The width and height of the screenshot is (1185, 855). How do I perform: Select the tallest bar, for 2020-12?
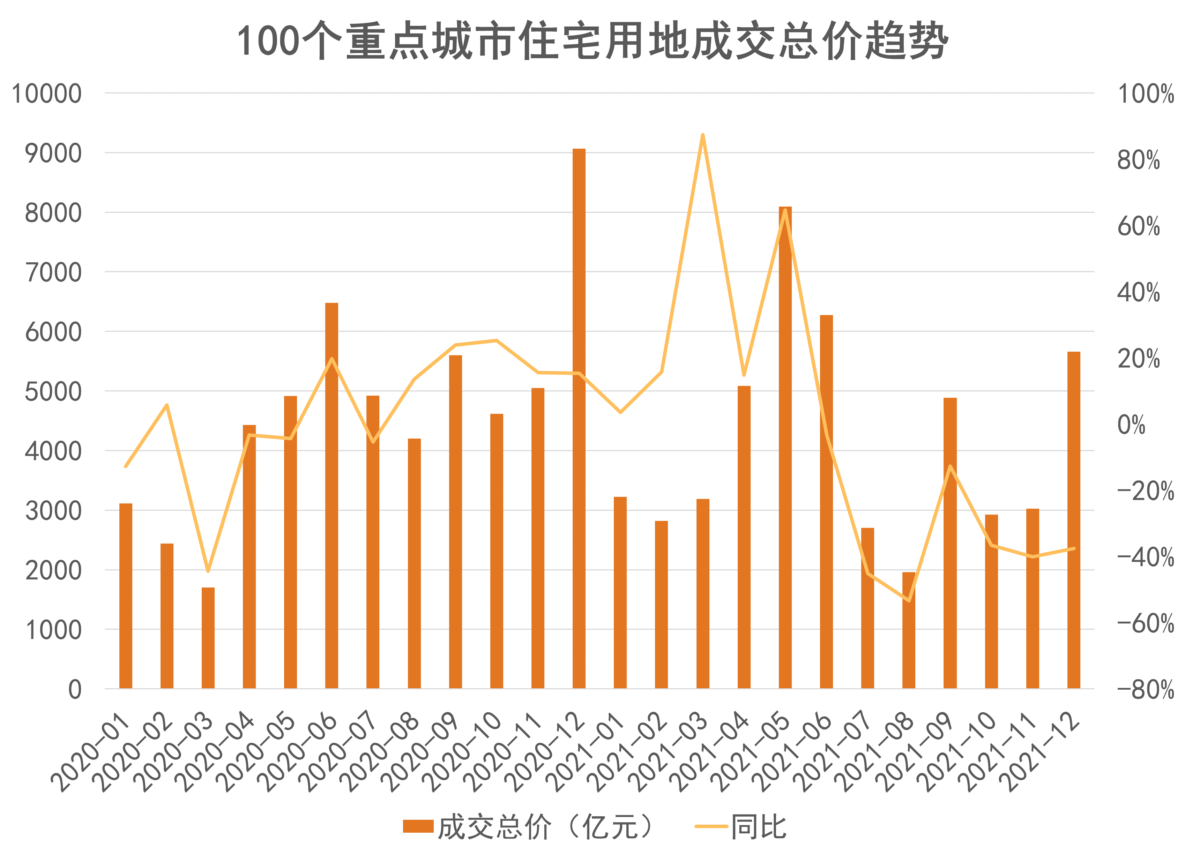tap(579, 418)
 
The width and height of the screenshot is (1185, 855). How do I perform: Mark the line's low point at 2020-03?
tap(208, 571)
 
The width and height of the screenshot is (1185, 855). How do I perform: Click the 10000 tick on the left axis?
tap(47, 94)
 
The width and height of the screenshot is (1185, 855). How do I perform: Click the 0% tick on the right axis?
tap(1131, 425)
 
